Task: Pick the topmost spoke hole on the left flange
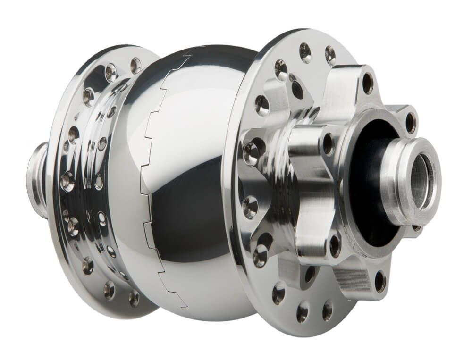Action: point(135,64)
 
